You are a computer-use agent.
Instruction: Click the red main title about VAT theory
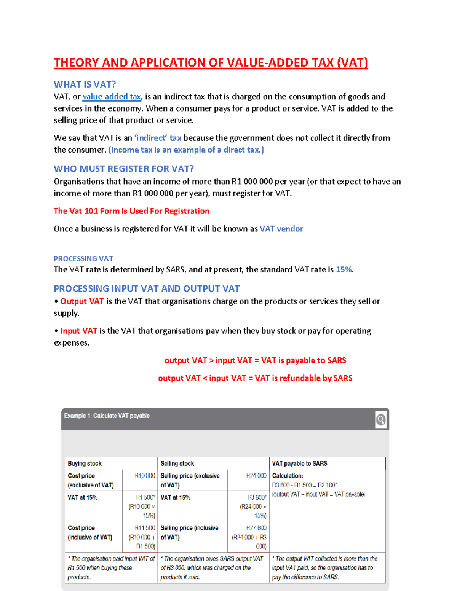[x=211, y=62]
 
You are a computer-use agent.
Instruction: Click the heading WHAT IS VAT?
[x=85, y=84]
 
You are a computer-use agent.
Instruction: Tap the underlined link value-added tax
[x=112, y=97]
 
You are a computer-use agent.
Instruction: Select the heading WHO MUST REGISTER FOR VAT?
[x=124, y=169]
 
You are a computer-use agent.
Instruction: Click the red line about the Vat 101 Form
[x=131, y=211]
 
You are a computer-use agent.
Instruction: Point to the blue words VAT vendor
[x=281, y=229]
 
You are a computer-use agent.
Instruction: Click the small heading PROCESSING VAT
[x=83, y=258]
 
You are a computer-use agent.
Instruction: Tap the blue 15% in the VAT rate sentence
[x=344, y=269]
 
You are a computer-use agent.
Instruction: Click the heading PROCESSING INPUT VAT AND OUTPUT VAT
[x=147, y=288]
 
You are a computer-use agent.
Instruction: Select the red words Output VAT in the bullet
[x=82, y=301]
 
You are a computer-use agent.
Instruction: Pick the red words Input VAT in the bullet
[x=78, y=331]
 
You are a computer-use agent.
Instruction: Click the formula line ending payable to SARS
[x=255, y=360]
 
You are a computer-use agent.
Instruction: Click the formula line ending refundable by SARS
[x=255, y=378]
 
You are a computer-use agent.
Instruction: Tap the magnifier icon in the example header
[x=380, y=419]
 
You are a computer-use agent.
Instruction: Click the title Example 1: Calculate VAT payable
[x=107, y=416]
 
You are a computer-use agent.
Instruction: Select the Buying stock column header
[x=85, y=464]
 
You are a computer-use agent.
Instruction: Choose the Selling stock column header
[x=177, y=464]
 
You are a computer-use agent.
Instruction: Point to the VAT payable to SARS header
[x=299, y=464]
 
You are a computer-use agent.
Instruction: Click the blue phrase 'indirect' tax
[x=158, y=138]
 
